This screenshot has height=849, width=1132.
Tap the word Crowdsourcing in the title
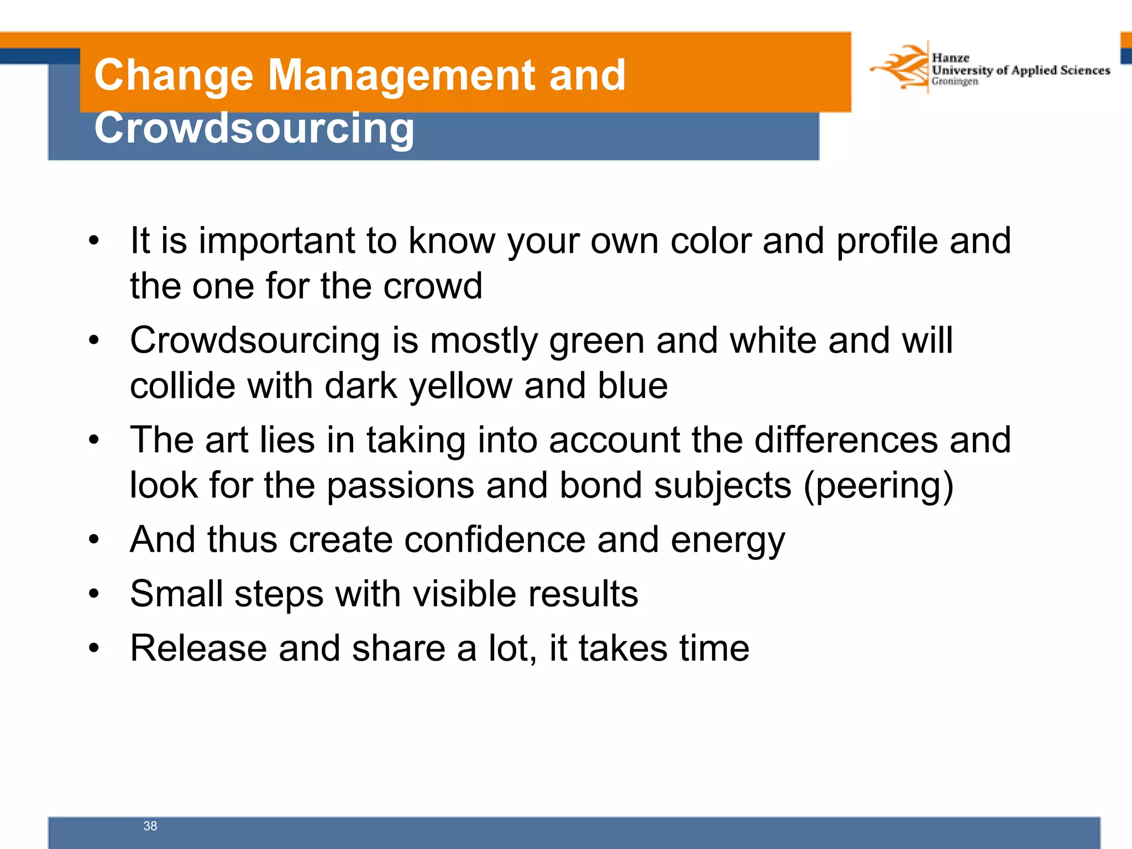click(254, 128)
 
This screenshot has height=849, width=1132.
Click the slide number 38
click(150, 826)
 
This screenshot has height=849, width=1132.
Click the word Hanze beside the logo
click(950, 58)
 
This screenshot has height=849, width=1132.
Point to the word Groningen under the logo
click(955, 82)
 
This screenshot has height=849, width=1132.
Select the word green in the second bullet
click(596, 341)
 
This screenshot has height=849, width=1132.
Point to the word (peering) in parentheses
click(878, 486)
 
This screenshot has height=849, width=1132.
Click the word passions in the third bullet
click(400, 486)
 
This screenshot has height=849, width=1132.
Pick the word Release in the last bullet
click(198, 648)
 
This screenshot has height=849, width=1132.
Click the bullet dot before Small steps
click(94, 594)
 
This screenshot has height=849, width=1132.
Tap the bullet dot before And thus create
click(94, 540)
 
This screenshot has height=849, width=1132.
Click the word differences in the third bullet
click(845, 441)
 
